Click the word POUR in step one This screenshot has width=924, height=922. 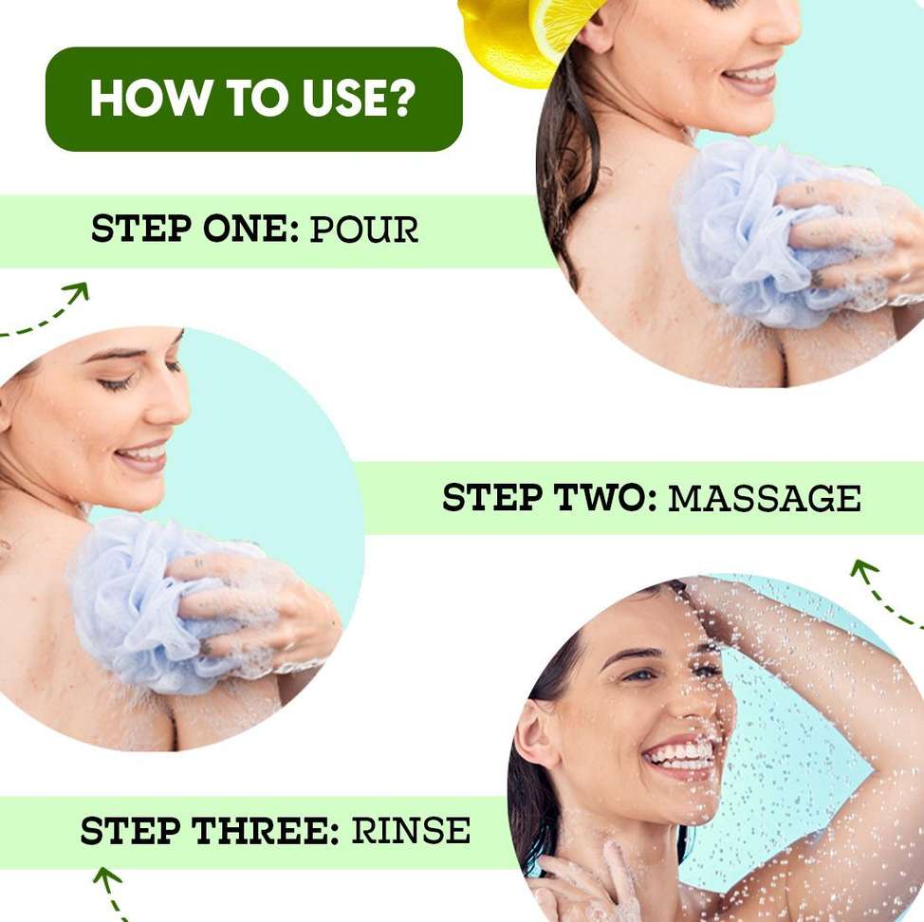(363, 230)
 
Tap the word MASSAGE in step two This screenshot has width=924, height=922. (765, 498)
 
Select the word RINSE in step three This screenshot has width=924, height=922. (411, 830)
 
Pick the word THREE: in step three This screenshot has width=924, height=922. (267, 830)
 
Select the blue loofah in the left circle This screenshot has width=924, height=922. (159, 601)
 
